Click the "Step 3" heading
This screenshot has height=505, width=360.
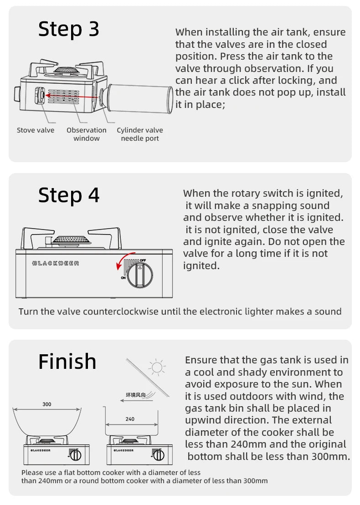click(x=69, y=29)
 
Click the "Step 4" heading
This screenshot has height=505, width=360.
click(x=69, y=195)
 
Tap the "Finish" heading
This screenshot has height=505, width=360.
click(x=67, y=362)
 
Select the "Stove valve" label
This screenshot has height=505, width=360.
click(x=36, y=130)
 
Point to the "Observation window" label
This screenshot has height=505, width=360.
click(x=87, y=134)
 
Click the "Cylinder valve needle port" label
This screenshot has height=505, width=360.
click(x=140, y=134)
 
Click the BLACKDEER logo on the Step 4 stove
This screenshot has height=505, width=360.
click(x=56, y=263)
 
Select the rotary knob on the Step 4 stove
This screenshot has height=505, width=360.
click(x=139, y=274)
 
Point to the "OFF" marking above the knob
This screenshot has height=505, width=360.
click(x=143, y=260)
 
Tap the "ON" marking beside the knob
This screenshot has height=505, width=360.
click(x=123, y=278)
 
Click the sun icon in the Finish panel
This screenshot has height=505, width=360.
click(x=157, y=367)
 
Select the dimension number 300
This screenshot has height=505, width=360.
click(x=47, y=404)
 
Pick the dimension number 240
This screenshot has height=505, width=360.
click(x=130, y=419)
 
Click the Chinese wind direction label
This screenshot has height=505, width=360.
click(x=136, y=395)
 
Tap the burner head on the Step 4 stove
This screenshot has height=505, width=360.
click(x=71, y=240)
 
